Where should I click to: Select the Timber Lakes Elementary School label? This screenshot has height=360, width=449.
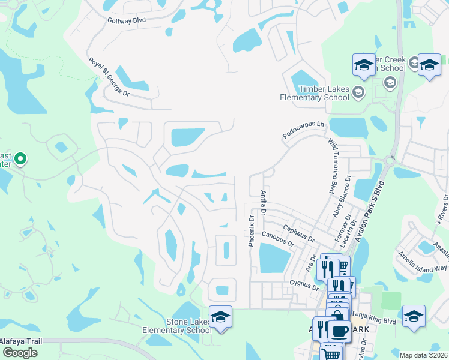tap(315, 93)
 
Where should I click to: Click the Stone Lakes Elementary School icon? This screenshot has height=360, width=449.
tap(220, 317)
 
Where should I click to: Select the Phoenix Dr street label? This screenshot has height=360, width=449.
tap(252, 231)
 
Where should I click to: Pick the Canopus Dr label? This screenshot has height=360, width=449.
tap(277, 240)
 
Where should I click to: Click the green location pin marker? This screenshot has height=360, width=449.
tap(20, 160)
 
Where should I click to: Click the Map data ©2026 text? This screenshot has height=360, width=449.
tap(423, 355)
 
